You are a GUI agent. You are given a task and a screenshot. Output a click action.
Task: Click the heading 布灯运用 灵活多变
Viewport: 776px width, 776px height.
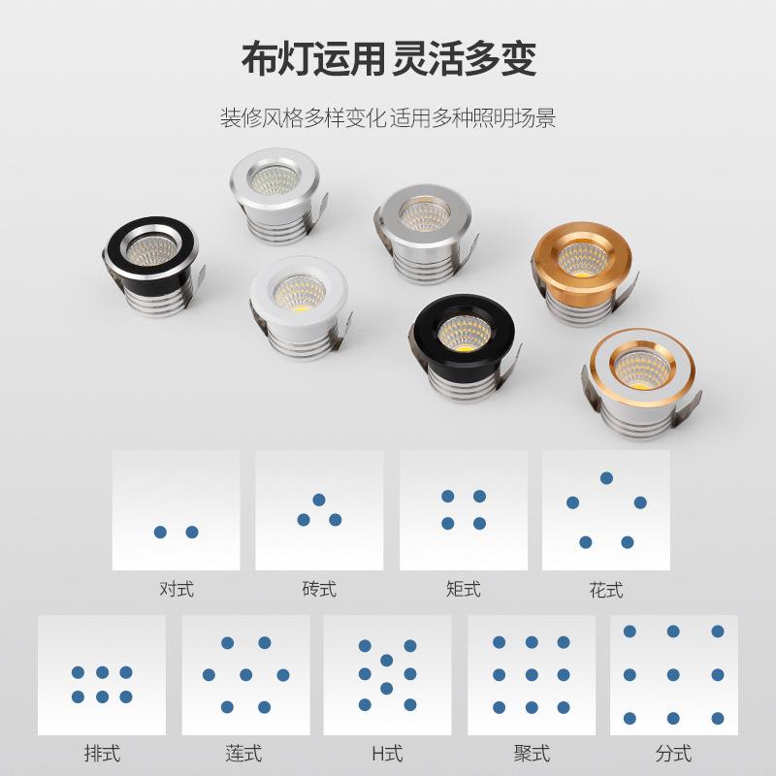(x=388, y=60)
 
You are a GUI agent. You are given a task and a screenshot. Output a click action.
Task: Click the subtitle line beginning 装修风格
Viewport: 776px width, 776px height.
(x=388, y=120)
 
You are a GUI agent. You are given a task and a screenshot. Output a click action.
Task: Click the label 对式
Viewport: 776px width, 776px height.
(x=176, y=589)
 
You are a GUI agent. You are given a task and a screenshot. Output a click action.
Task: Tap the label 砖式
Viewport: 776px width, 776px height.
(x=319, y=589)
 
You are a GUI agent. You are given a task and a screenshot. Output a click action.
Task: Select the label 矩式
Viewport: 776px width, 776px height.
(x=463, y=589)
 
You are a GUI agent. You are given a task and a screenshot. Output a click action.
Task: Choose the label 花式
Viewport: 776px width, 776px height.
(x=605, y=589)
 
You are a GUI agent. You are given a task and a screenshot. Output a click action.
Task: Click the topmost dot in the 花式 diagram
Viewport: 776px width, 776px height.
(x=606, y=477)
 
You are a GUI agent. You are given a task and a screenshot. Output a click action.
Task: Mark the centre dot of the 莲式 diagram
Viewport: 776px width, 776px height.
(x=245, y=674)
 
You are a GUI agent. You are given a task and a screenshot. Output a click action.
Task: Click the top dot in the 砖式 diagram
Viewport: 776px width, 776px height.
(x=318, y=500)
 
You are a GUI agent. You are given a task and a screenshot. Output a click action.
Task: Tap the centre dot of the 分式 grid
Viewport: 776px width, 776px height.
(x=673, y=674)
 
